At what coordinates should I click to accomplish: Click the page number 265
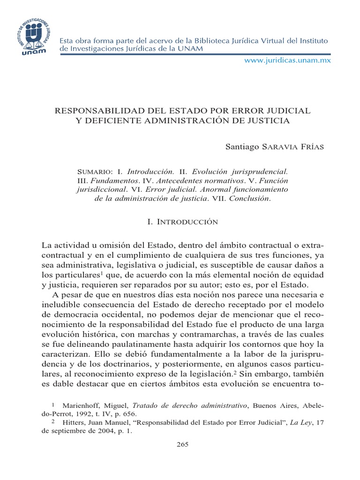(182, 444)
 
